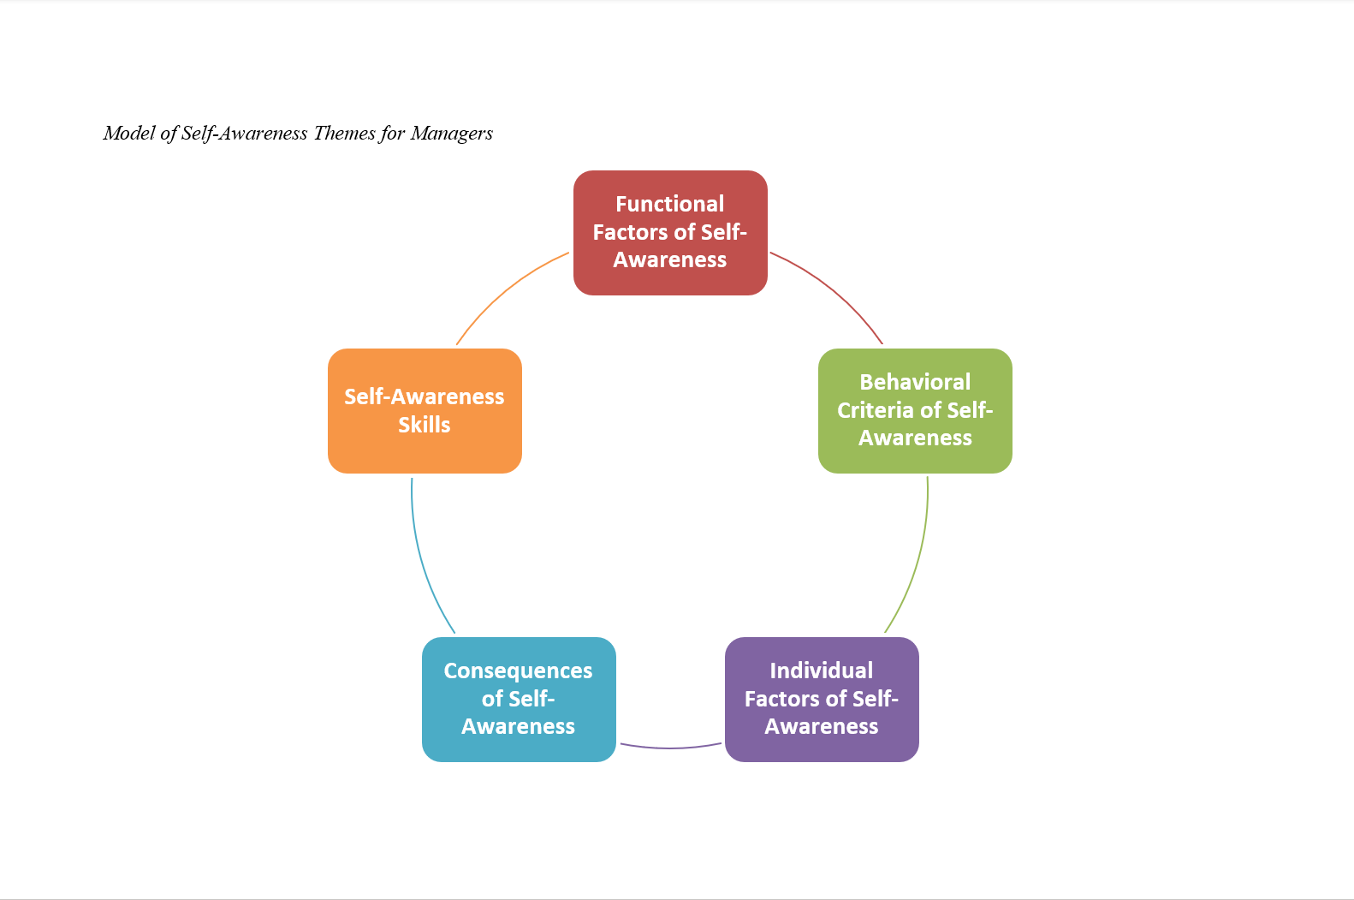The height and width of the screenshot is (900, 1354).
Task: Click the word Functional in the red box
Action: click(670, 204)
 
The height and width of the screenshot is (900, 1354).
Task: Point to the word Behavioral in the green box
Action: click(915, 382)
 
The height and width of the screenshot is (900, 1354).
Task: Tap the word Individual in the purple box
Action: click(822, 671)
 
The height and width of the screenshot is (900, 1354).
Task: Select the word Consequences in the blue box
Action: click(518, 671)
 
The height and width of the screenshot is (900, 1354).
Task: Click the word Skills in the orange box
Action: click(425, 425)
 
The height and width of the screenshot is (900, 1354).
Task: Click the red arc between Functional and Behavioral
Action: click(834, 290)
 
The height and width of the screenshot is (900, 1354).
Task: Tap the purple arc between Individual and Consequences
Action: click(670, 748)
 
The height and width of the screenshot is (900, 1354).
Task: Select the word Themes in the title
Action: click(344, 133)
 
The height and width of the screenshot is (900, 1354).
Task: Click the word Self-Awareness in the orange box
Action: click(425, 396)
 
